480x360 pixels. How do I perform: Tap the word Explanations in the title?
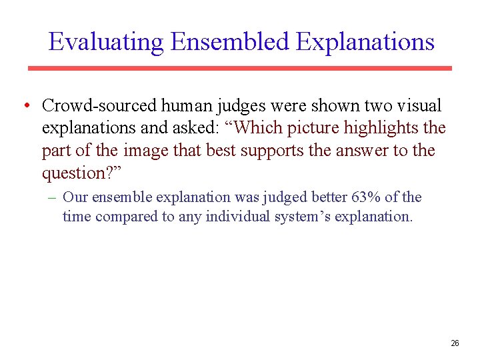[x=365, y=42]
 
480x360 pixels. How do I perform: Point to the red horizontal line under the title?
[x=239, y=68]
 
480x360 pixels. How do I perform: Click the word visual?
[x=419, y=106]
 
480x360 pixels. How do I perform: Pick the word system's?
[x=301, y=217]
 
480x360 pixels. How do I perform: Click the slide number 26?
[x=455, y=343]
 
